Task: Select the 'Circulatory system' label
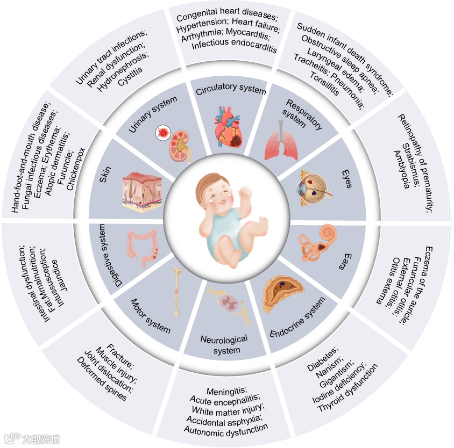(x=231, y=90)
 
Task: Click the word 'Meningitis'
(x=225, y=389)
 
